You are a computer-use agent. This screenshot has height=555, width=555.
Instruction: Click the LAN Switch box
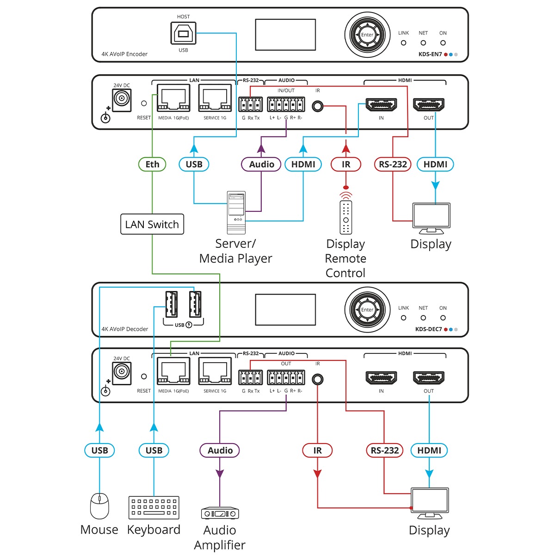[x=152, y=224]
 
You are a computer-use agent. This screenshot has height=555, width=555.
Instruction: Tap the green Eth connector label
[x=152, y=164]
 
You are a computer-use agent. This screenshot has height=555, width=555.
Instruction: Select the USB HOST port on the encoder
[x=183, y=33]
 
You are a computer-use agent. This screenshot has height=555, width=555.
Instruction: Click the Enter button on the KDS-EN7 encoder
[x=367, y=35]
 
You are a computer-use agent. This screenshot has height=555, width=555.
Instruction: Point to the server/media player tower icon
[x=236, y=212]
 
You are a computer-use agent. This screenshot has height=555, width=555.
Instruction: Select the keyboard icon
[x=154, y=507]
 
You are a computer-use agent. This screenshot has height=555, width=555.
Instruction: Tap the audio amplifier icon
[x=220, y=513]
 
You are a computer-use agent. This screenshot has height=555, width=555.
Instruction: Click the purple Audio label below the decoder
[x=220, y=450]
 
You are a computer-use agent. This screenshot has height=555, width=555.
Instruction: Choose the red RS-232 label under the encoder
[x=393, y=164]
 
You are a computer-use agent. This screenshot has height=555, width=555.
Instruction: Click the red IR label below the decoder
[x=317, y=450]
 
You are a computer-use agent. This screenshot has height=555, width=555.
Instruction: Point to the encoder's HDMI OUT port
[x=429, y=105]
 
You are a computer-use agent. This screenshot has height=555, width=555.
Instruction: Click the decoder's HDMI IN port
[x=381, y=378]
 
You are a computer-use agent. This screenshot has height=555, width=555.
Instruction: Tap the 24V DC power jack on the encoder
[x=122, y=99]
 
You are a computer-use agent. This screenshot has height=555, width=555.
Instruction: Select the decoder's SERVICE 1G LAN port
[x=215, y=372]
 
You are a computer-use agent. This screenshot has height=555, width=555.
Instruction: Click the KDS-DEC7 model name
[x=428, y=329]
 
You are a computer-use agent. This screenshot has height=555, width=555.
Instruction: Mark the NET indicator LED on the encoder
[x=423, y=43]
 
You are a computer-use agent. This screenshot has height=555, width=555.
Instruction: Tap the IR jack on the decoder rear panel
[x=317, y=380]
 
